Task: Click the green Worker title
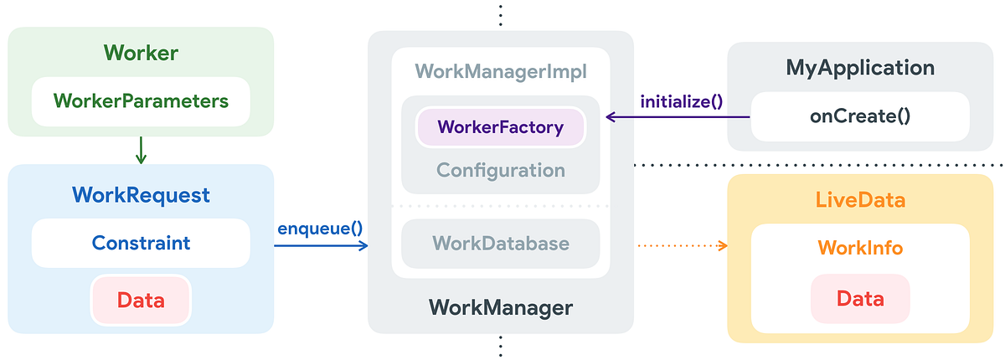pyautogui.click(x=141, y=53)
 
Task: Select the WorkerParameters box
pyautogui.click(x=141, y=101)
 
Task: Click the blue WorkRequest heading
pyautogui.click(x=141, y=195)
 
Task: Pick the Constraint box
pyautogui.click(x=141, y=244)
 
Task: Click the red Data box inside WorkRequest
pyautogui.click(x=141, y=300)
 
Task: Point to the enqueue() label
pyautogui.click(x=320, y=228)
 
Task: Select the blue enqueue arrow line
pyautogui.click(x=320, y=245)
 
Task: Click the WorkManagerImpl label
pyautogui.click(x=500, y=72)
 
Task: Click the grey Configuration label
pyautogui.click(x=500, y=170)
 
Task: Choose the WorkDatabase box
pyautogui.click(x=500, y=244)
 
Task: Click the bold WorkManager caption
pyautogui.click(x=500, y=307)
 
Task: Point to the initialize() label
pyautogui.click(x=681, y=102)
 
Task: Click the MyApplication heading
pyautogui.click(x=859, y=68)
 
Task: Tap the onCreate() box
pyautogui.click(x=859, y=116)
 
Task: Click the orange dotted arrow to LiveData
pyautogui.click(x=681, y=245)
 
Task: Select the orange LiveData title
pyautogui.click(x=860, y=201)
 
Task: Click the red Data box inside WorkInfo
pyautogui.click(x=860, y=299)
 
